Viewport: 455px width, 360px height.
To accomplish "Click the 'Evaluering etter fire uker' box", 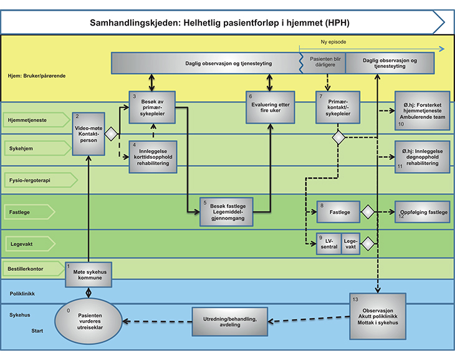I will click(x=269, y=108).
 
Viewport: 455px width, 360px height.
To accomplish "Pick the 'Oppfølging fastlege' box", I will click(x=422, y=212).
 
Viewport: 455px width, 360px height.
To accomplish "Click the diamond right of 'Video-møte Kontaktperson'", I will click(x=112, y=133).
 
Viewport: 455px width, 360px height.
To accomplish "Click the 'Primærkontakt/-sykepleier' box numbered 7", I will click(x=338, y=108).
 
